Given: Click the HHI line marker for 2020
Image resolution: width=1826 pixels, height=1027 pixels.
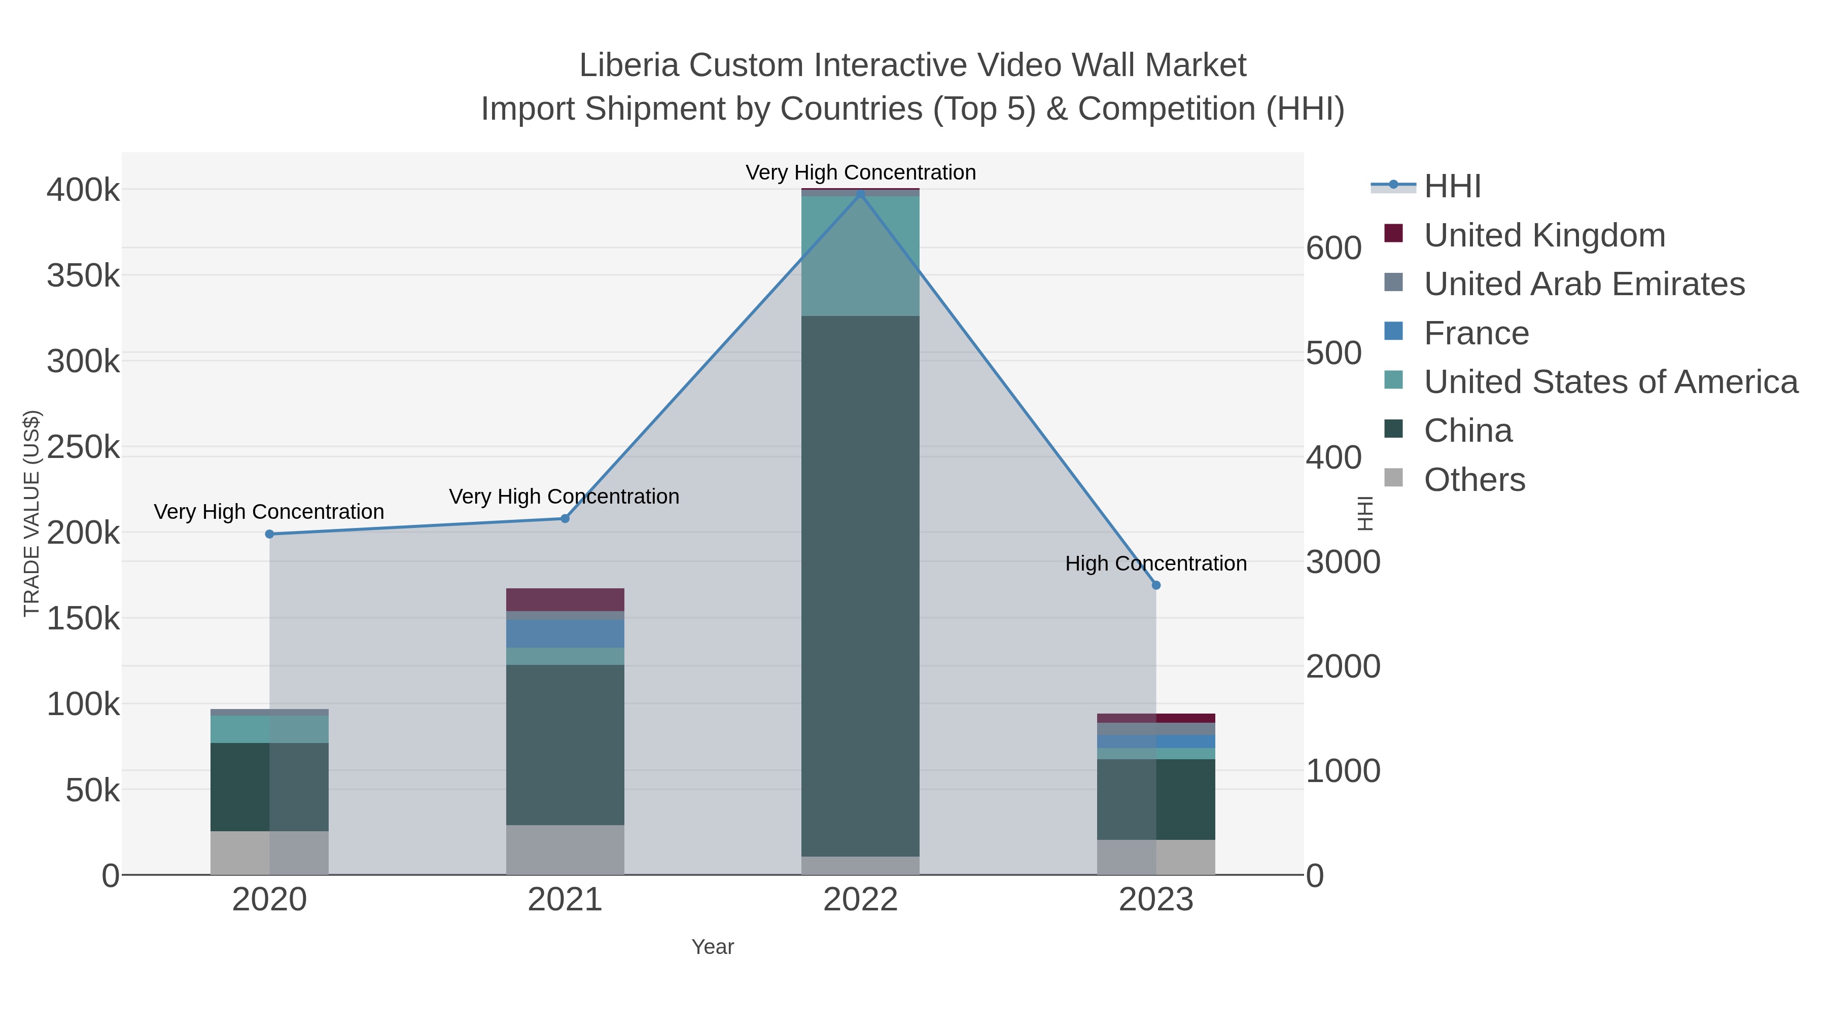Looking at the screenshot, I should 269,534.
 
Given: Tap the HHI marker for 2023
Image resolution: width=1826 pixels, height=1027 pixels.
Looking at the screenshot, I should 1155,585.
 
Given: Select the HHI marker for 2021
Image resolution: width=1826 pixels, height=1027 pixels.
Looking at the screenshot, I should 565,518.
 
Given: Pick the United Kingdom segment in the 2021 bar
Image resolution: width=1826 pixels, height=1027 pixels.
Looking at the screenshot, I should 565,599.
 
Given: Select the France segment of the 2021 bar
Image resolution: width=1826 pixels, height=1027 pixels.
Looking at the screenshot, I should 565,633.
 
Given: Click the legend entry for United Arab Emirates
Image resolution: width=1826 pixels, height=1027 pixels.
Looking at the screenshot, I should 1584,284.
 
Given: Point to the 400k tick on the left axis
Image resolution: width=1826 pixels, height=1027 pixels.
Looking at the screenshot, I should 83,190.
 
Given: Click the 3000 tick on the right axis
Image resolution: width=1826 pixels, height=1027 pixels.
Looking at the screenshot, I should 1343,562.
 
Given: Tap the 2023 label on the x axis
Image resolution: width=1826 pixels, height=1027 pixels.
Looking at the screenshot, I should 1155,899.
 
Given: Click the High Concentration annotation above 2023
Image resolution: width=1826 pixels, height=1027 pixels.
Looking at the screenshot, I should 1155,563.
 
